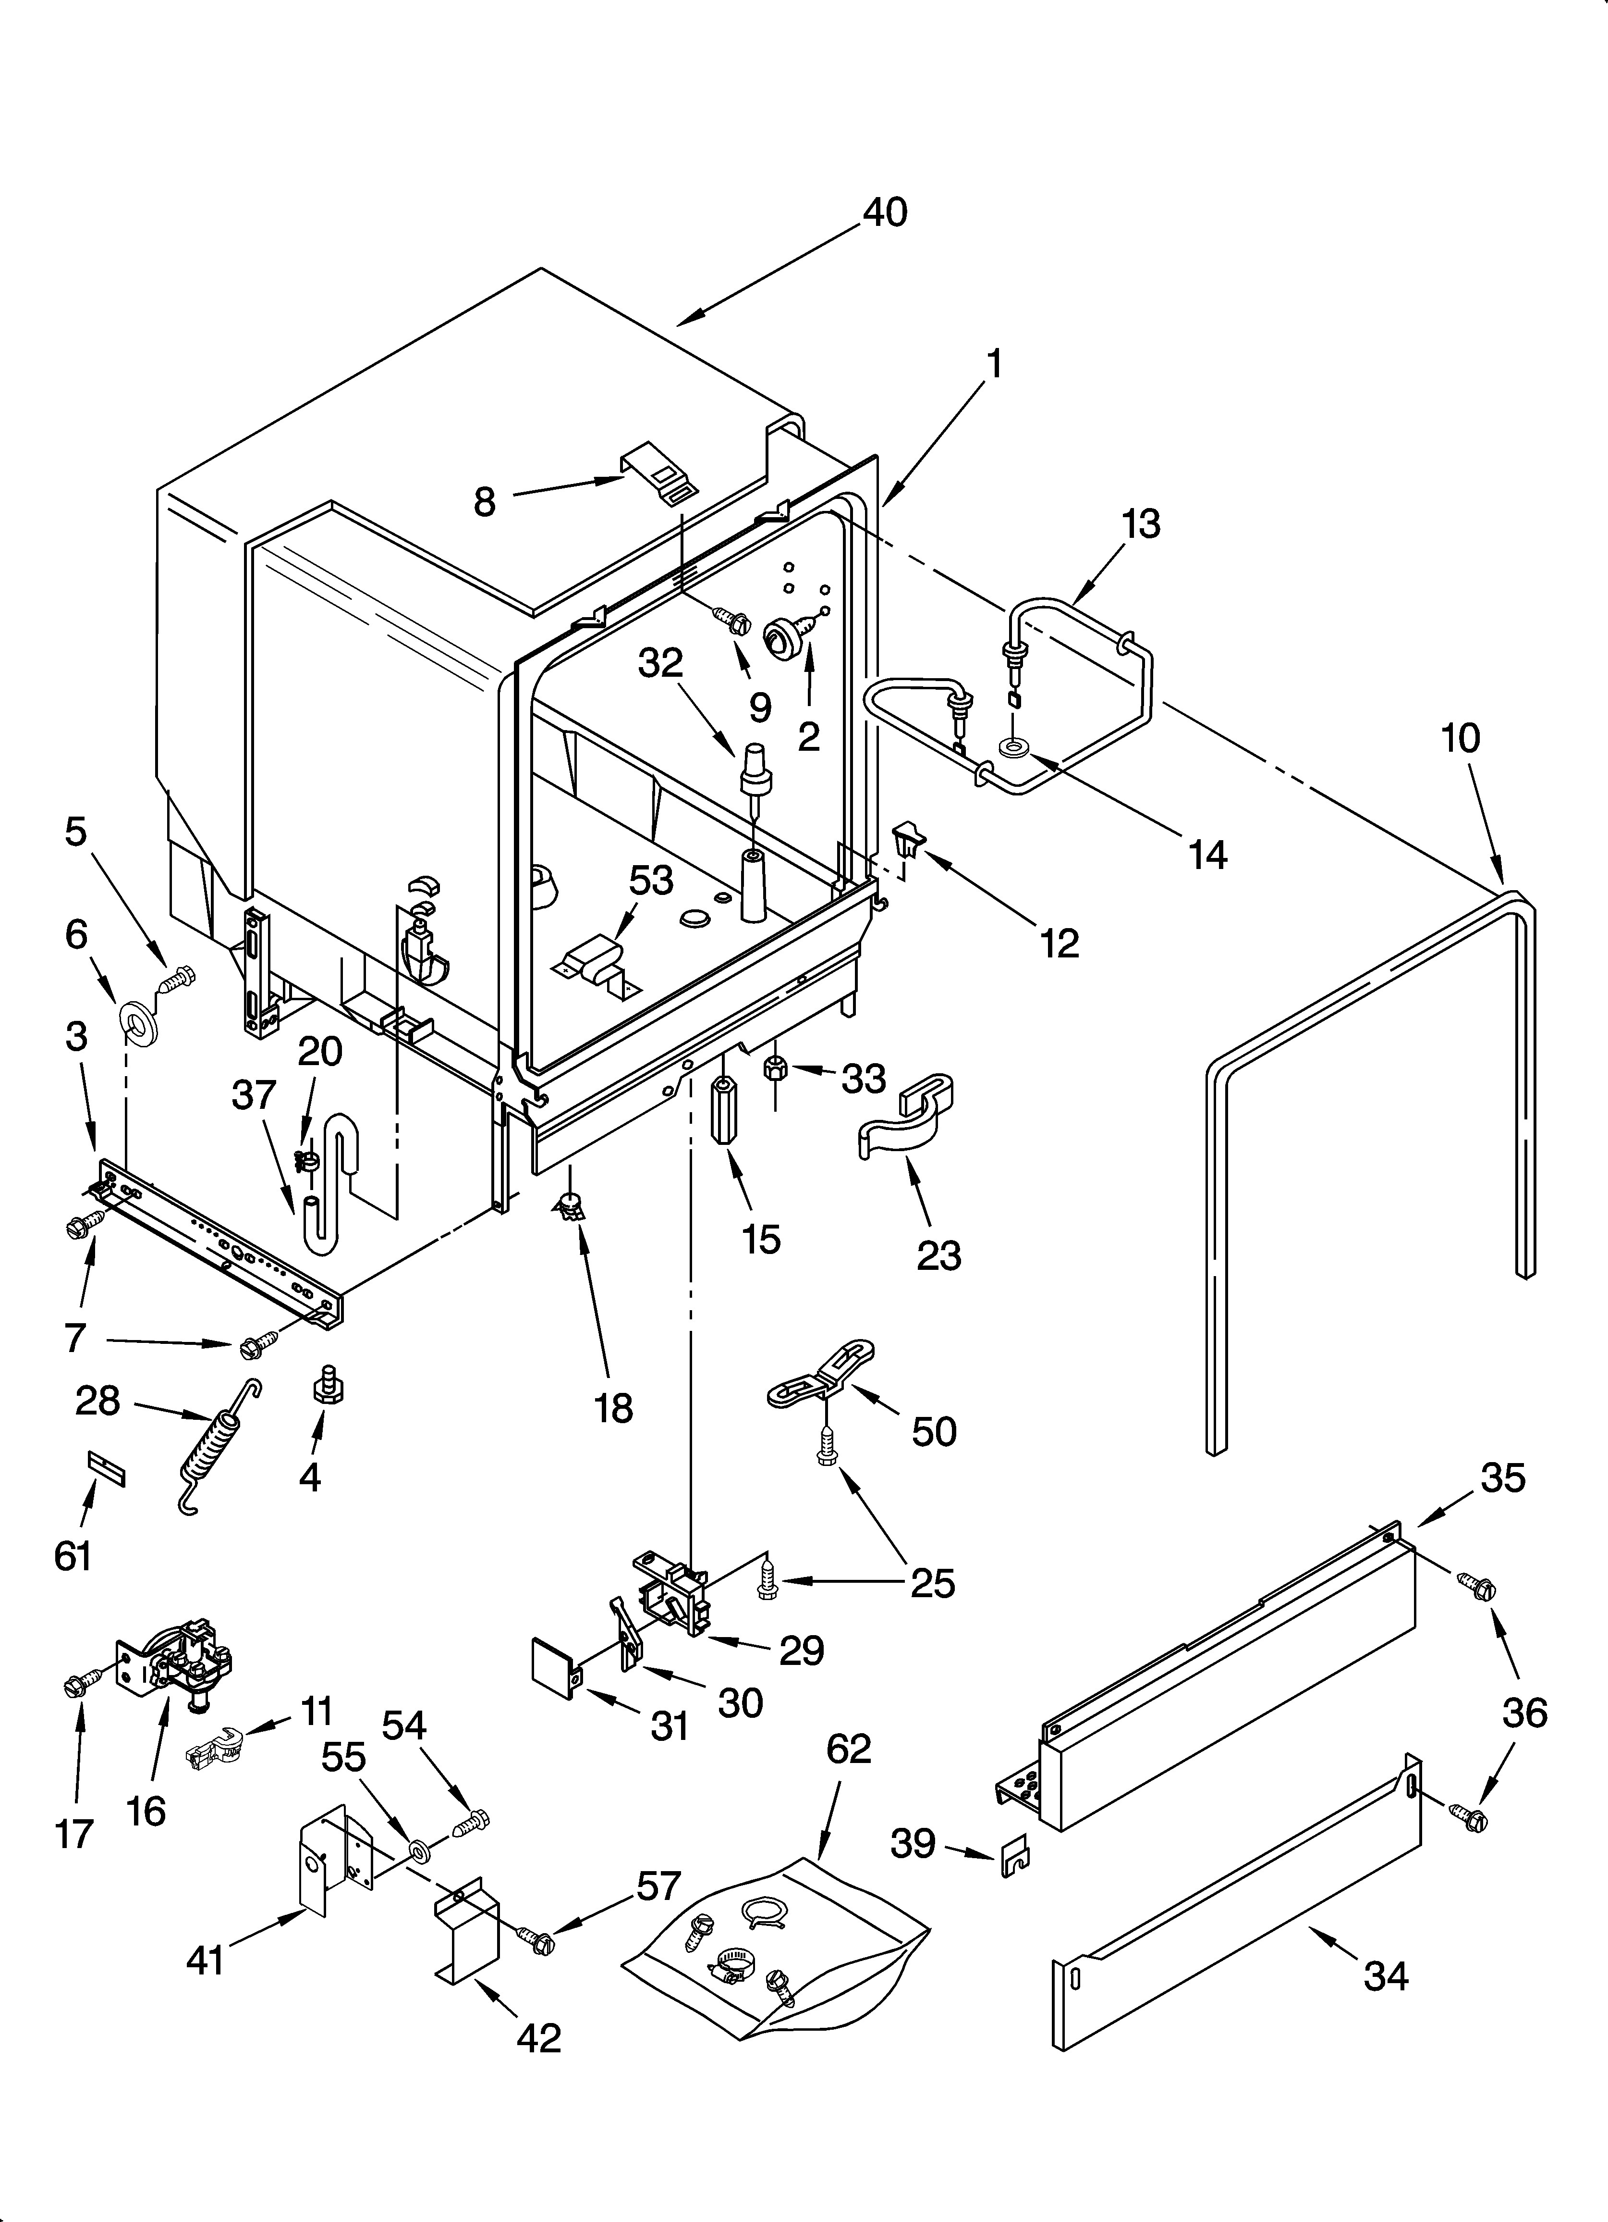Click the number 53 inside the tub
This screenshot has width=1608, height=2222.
[650, 880]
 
